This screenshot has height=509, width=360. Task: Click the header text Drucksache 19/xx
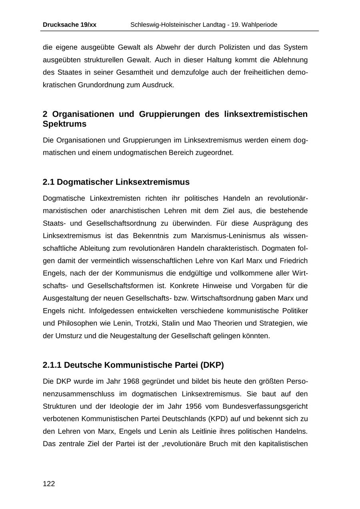point(69,25)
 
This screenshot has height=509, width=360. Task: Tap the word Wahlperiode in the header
point(259,25)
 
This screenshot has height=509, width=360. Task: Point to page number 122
point(49,484)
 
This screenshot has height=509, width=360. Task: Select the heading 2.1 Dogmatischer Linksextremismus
point(116,182)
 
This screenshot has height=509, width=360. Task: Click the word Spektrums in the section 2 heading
point(64,124)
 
